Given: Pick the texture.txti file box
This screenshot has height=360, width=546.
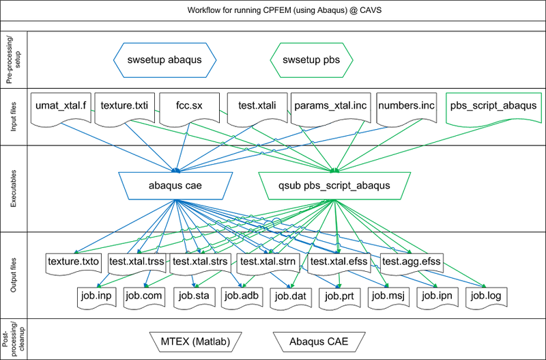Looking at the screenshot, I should (125, 107).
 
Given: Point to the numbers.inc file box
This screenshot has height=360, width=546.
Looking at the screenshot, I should (405, 107).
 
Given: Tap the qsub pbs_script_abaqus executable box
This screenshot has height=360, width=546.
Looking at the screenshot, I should (335, 184).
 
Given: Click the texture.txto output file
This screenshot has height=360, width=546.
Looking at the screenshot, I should (74, 261).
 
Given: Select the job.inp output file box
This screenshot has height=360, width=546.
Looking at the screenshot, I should (98, 296).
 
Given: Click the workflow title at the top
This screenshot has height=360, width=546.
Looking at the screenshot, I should (273, 11).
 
